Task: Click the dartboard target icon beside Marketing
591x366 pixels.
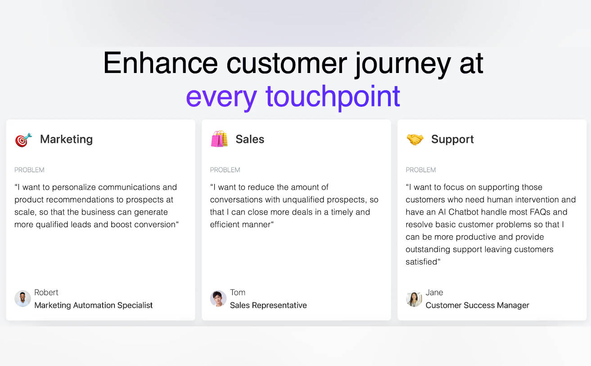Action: pos(23,140)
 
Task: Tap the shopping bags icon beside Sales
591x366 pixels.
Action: pos(219,139)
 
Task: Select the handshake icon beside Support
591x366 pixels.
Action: pos(415,139)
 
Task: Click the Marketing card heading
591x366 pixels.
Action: pos(66,139)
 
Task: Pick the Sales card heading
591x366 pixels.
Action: pos(250,139)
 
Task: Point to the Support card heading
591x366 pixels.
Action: pos(452,139)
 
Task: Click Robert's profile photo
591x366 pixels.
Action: pos(23,298)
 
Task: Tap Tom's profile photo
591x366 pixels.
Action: pos(218,298)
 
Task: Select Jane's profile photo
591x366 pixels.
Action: pos(414,298)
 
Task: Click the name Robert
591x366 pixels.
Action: pos(46,292)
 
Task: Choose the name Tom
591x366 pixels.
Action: pos(238,292)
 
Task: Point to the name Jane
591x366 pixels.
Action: pos(434,292)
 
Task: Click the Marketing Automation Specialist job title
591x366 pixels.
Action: pos(94,305)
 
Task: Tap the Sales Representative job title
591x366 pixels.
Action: pos(268,305)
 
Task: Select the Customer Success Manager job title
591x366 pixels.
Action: pos(477,305)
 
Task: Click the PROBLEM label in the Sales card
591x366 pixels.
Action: pos(225,169)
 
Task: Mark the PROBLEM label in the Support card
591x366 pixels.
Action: pos(420,169)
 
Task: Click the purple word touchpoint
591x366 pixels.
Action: pos(333,97)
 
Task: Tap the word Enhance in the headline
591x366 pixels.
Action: pos(160,63)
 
